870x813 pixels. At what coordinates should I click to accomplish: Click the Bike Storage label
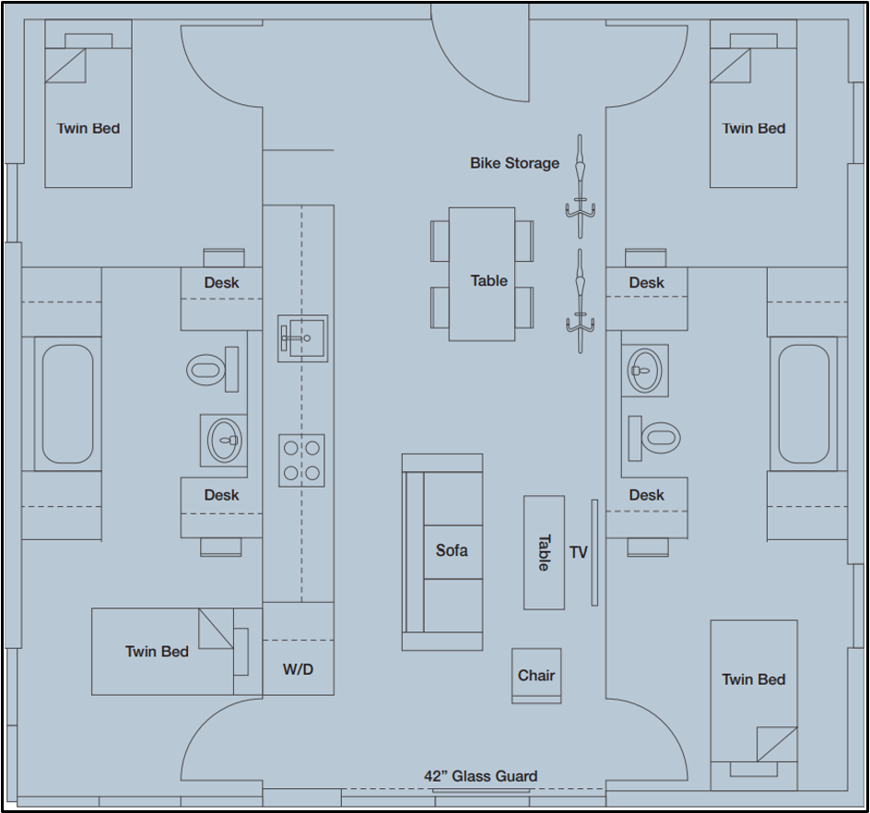pyautogui.click(x=514, y=163)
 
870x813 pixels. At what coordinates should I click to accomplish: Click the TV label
pyautogui.click(x=579, y=552)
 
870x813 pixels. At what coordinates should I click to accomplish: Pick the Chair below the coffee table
pyautogui.click(x=536, y=676)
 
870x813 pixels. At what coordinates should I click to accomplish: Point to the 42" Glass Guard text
pyautogui.click(x=480, y=776)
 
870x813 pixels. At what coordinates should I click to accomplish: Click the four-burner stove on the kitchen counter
pyautogui.click(x=301, y=461)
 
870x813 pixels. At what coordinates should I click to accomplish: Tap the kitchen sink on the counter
pyautogui.click(x=302, y=338)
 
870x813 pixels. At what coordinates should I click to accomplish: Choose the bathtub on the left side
pyautogui.click(x=67, y=404)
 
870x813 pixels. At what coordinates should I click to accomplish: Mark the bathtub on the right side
pyautogui.click(x=804, y=404)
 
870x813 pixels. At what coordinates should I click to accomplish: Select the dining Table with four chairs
pyautogui.click(x=482, y=274)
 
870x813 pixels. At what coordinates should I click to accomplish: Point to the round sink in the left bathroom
pyautogui.click(x=224, y=440)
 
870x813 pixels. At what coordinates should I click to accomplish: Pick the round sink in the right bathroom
pyautogui.click(x=643, y=371)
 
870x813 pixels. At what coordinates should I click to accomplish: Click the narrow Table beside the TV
pyautogui.click(x=544, y=552)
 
